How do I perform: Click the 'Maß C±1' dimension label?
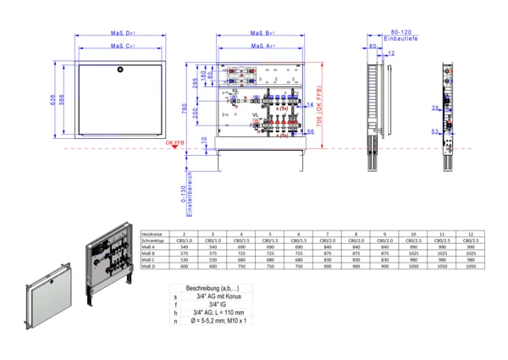124,49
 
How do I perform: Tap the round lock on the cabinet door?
124,67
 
